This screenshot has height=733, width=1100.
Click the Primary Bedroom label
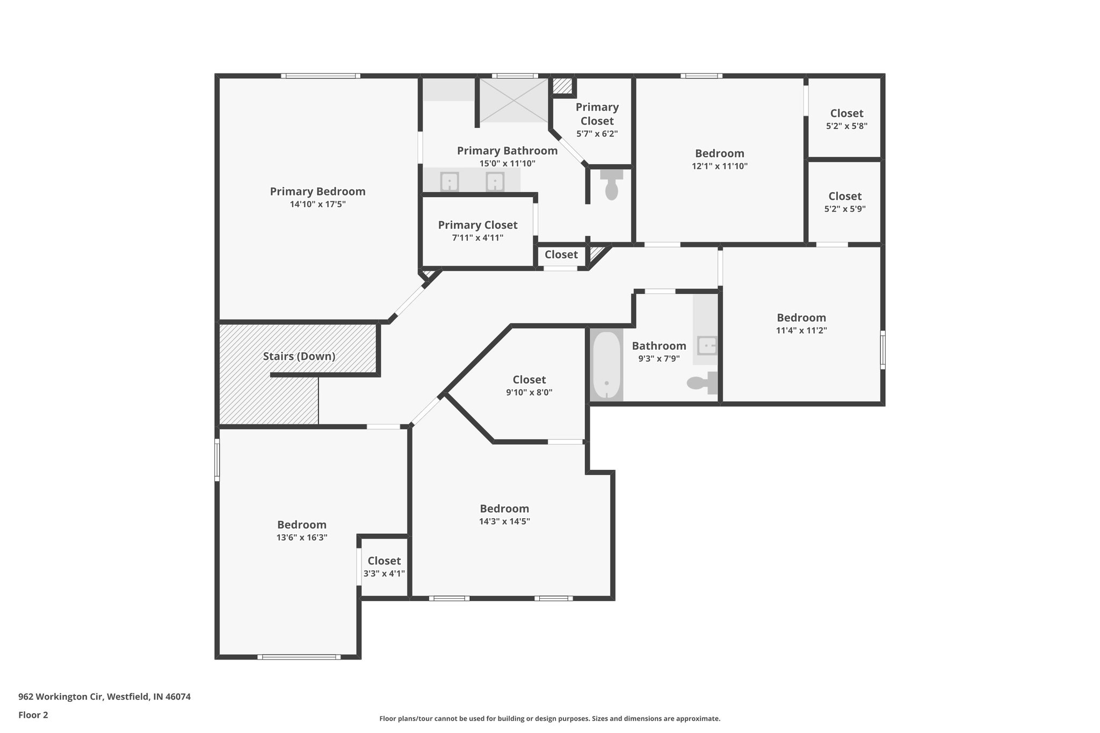pyautogui.click(x=317, y=192)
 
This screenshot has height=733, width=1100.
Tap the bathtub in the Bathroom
pyautogui.click(x=606, y=365)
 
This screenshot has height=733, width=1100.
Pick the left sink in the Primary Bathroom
pyautogui.click(x=449, y=182)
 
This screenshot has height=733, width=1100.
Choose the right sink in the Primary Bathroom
pyautogui.click(x=495, y=182)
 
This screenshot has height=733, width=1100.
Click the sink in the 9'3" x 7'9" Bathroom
pyautogui.click(x=707, y=345)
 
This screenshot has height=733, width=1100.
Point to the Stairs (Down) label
pyautogui.click(x=299, y=357)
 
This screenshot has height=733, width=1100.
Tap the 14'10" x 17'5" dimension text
pyautogui.click(x=317, y=205)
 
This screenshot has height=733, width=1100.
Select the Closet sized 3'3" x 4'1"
pyautogui.click(x=384, y=561)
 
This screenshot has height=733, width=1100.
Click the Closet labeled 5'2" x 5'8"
pyautogui.click(x=846, y=113)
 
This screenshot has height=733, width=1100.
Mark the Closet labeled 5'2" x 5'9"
pyautogui.click(x=845, y=197)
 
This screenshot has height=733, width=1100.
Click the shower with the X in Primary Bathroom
pyautogui.click(x=513, y=100)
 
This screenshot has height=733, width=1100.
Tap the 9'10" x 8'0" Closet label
pyautogui.click(x=529, y=380)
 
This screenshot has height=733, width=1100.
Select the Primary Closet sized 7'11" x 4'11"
pyautogui.click(x=477, y=226)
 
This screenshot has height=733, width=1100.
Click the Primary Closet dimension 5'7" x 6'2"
pyautogui.click(x=597, y=134)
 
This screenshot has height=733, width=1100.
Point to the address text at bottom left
pyautogui.click(x=105, y=696)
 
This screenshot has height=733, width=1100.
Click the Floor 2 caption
pyautogui.click(x=33, y=715)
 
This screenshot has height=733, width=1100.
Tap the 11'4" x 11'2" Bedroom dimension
pyautogui.click(x=801, y=331)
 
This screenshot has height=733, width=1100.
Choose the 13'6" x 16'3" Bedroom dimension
pyautogui.click(x=302, y=538)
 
